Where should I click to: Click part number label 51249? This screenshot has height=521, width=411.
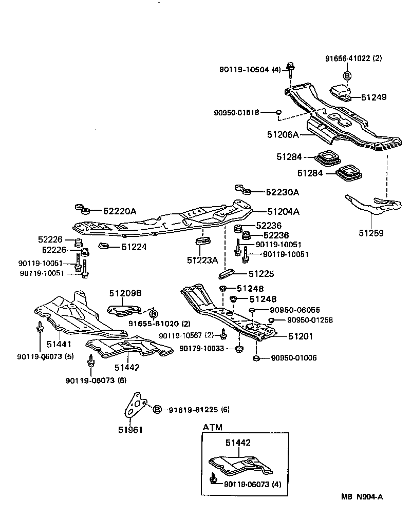[373, 97]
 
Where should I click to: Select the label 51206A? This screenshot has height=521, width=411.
[283, 134]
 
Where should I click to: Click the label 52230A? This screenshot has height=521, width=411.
[283, 192]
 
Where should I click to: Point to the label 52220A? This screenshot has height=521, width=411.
[120, 211]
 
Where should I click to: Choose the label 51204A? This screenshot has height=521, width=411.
[283, 211]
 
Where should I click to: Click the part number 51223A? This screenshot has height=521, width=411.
[203, 260]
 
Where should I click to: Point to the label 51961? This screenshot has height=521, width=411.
[131, 430]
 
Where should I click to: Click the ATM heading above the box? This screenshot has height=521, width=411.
[213, 427]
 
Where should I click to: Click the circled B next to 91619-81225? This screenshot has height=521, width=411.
[157, 409]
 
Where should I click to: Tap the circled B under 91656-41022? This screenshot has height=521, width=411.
[347, 76]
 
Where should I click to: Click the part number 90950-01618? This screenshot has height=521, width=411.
[237, 112]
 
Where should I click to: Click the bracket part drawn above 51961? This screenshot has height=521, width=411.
[135, 406]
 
